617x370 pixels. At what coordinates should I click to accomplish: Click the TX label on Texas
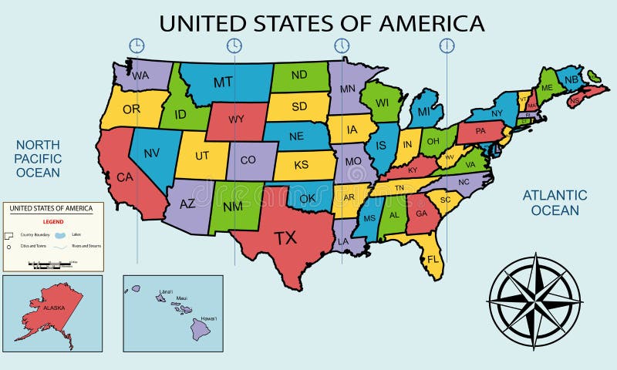[x=285, y=238]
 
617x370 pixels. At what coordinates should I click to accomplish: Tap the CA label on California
[x=125, y=177]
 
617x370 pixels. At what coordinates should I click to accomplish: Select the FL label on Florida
[x=433, y=258]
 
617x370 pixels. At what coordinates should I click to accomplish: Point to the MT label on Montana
[x=223, y=82]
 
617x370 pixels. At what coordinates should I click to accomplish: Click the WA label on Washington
[x=140, y=76]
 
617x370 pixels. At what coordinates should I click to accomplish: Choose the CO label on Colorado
[x=248, y=160]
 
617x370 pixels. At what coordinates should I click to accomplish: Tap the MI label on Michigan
[x=423, y=112]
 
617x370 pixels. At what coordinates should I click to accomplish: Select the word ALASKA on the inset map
[x=53, y=307]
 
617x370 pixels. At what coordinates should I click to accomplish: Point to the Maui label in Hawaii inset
[x=182, y=298]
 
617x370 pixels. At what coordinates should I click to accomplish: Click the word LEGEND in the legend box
[x=52, y=220]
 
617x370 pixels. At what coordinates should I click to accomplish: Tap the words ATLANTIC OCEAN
[x=555, y=202]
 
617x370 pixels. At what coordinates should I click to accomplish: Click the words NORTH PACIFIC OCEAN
[x=38, y=158]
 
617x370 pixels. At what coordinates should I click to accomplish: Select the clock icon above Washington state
[x=137, y=45]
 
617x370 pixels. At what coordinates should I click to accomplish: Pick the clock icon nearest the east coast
[x=447, y=45]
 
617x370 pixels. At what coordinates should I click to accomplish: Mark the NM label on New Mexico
[x=234, y=207]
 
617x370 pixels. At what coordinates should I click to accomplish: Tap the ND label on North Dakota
[x=298, y=76]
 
